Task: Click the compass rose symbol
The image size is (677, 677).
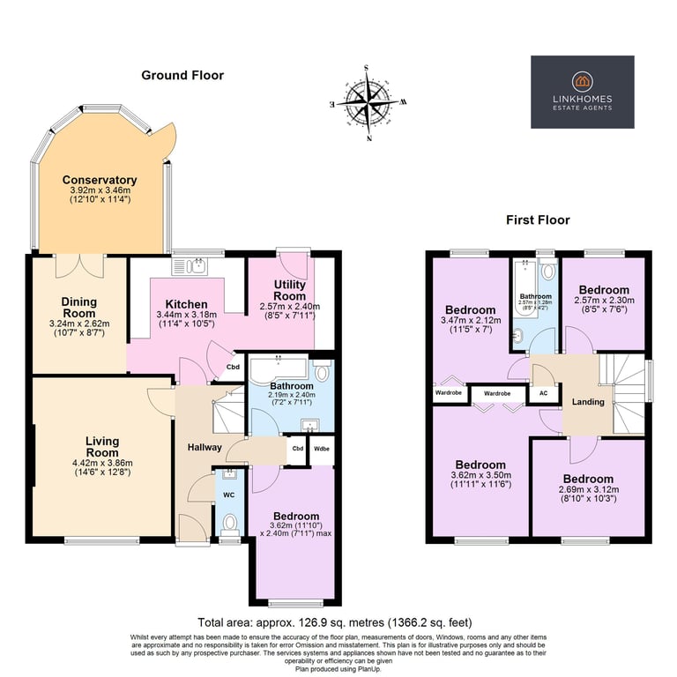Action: click(368, 103)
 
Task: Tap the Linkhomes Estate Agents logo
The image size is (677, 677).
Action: click(582, 92)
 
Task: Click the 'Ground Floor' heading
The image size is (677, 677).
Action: click(182, 76)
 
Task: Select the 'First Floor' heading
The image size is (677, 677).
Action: click(537, 220)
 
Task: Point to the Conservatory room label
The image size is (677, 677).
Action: click(99, 180)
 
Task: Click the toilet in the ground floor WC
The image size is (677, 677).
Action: click(229, 524)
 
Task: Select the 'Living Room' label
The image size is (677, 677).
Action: click(101, 447)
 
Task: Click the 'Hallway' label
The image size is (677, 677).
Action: click(205, 448)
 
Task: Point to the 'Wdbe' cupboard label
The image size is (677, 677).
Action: click(321, 448)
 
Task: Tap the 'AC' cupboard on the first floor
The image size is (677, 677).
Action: click(542, 393)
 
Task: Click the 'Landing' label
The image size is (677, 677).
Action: click(588, 402)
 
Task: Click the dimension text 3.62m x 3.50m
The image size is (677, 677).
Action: click(480, 477)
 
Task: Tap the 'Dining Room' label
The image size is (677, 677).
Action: click(79, 308)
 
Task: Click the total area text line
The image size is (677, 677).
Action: click(338, 621)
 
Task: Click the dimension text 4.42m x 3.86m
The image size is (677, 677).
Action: click(101, 462)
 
